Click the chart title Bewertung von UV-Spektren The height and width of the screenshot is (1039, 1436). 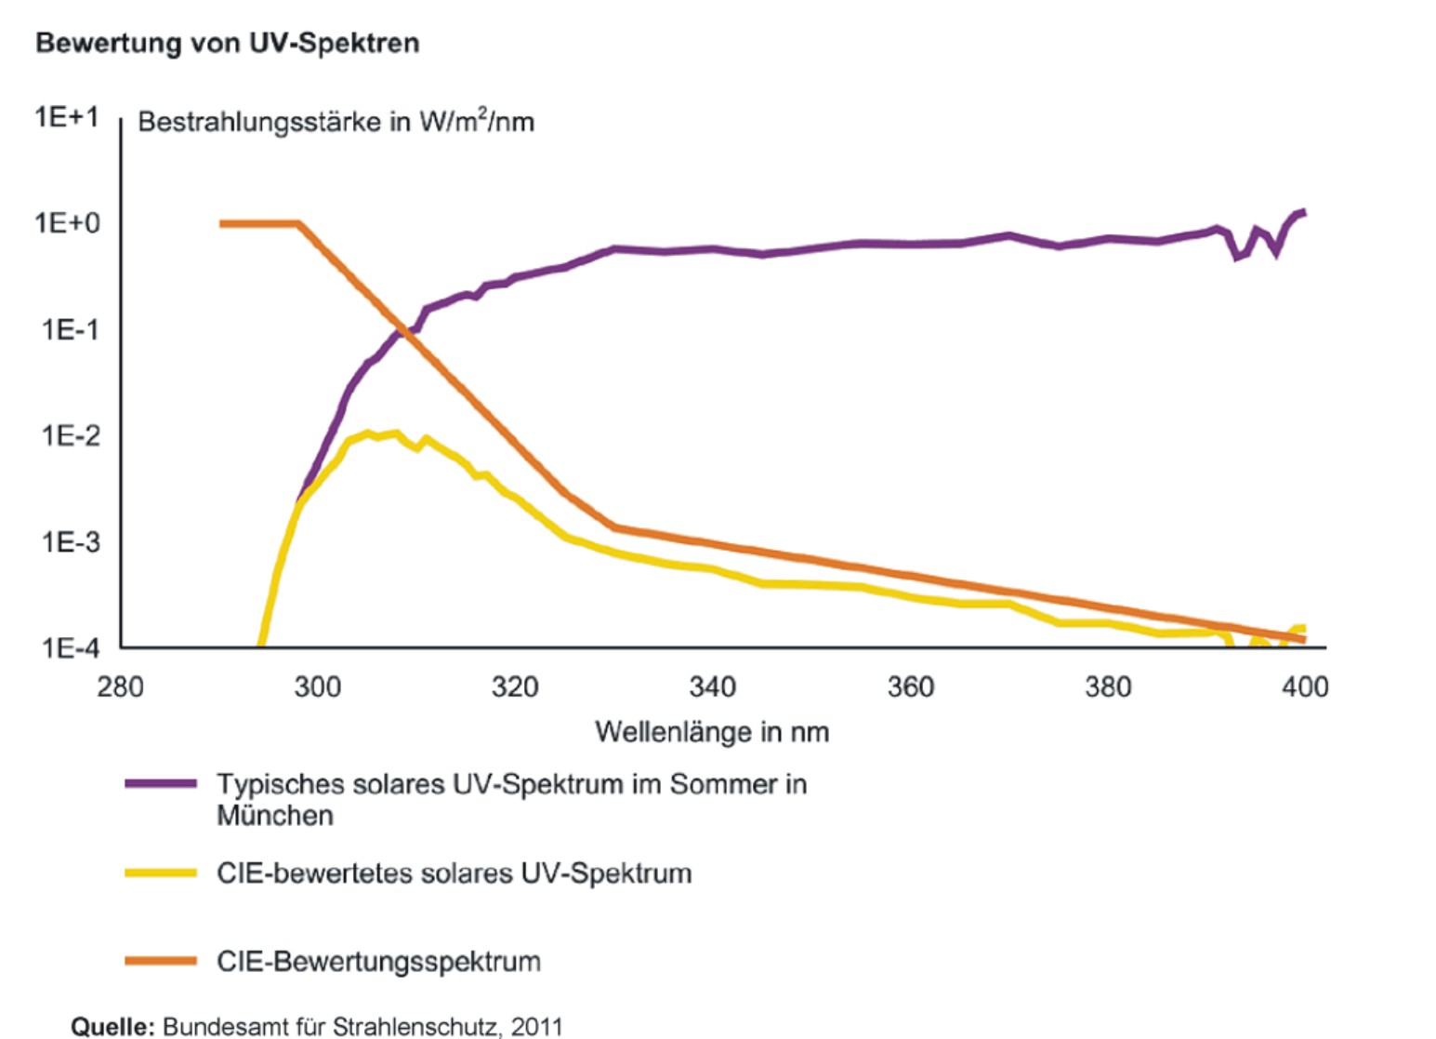point(227,43)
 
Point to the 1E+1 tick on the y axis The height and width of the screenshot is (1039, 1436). point(66,117)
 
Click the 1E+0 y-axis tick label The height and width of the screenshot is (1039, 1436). point(66,223)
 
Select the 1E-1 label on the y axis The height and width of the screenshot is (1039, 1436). point(69,329)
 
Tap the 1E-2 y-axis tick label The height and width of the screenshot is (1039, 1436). point(69,435)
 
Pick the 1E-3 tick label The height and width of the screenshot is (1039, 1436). point(69,541)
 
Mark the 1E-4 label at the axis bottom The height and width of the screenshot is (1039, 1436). point(69,647)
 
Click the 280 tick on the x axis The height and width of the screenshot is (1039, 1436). point(121,687)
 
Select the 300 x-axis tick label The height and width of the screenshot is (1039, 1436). point(318,687)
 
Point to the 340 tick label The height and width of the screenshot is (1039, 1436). point(713,687)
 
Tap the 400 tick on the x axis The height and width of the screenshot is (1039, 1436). point(1305,687)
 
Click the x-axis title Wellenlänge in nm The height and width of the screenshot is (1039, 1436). point(712,732)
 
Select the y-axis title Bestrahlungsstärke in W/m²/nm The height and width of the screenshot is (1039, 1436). point(336,122)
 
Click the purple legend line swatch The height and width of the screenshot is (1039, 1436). point(161,784)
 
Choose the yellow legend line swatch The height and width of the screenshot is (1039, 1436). point(161,873)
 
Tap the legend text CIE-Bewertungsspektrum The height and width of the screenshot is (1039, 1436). point(378,961)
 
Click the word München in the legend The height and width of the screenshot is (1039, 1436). point(274,816)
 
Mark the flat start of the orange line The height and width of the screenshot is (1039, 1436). point(258,223)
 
